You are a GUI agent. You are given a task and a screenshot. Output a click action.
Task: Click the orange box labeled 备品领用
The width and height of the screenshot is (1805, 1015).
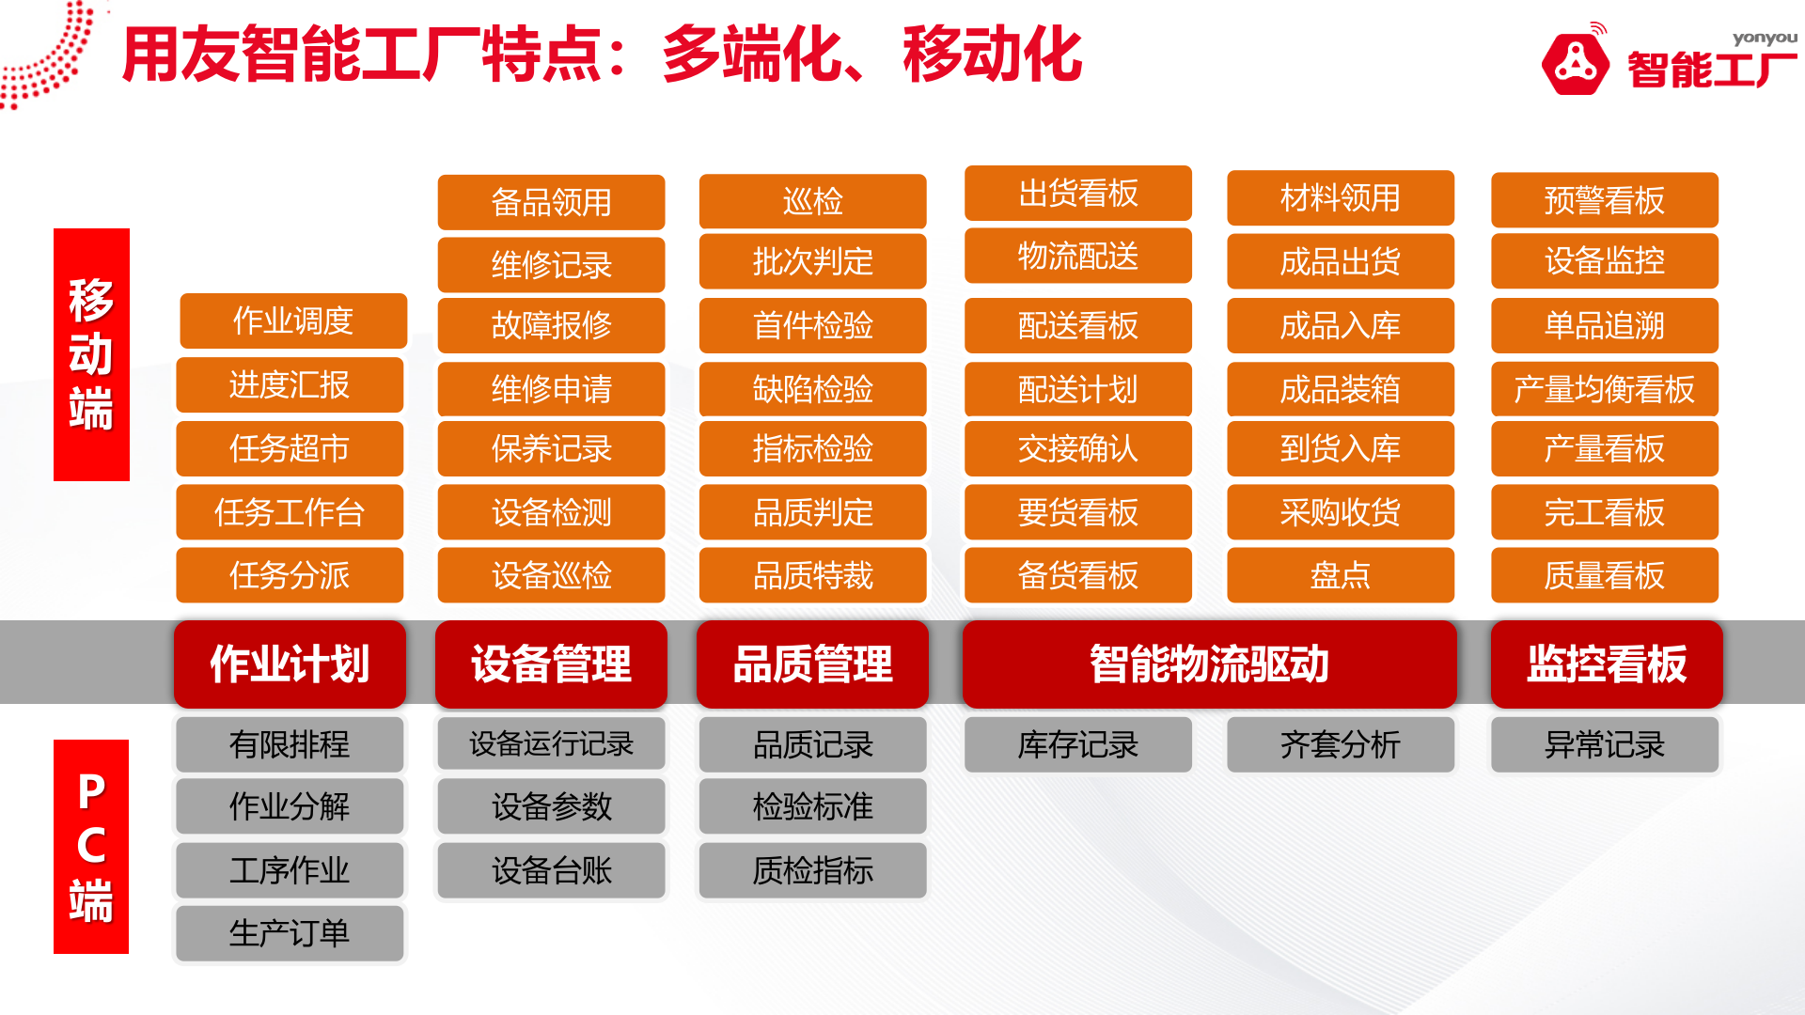click(x=551, y=202)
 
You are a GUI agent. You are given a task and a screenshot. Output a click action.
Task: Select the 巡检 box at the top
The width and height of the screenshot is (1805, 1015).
click(x=812, y=201)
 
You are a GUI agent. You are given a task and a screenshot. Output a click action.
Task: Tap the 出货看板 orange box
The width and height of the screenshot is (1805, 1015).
click(x=1077, y=194)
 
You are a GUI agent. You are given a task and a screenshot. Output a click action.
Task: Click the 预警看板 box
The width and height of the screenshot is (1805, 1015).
click(x=1604, y=200)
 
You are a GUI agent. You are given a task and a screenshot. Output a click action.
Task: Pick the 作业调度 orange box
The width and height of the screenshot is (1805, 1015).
click(x=292, y=320)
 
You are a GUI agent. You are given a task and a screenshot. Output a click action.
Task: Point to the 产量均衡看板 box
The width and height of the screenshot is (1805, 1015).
click(x=1604, y=389)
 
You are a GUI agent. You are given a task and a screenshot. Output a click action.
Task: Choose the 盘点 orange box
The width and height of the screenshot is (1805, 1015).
click(x=1340, y=575)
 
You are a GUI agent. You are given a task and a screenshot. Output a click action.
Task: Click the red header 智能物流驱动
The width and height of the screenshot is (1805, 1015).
click(x=1209, y=664)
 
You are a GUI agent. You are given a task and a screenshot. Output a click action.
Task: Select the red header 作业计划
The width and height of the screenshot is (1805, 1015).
click(x=290, y=664)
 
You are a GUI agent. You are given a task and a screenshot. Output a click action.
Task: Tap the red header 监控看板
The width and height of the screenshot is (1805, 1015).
click(x=1606, y=664)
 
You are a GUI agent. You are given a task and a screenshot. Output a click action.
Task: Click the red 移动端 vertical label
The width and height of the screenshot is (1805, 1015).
click(x=91, y=354)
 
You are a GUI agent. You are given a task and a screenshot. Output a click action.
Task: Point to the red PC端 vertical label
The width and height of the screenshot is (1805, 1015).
click(x=91, y=846)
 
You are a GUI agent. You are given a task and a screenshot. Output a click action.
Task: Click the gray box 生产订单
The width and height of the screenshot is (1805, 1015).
click(x=290, y=933)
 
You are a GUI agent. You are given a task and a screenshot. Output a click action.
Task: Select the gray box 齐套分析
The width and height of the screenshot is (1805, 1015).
click(x=1340, y=745)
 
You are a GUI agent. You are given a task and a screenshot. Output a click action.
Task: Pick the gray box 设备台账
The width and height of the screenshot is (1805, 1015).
click(x=551, y=870)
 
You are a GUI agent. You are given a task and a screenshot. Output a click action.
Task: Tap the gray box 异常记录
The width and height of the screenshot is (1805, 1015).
click(x=1604, y=745)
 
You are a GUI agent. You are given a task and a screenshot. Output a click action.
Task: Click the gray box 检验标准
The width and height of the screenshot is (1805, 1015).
click(x=812, y=806)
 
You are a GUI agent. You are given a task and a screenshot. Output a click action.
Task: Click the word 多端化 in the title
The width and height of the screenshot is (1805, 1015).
click(x=751, y=55)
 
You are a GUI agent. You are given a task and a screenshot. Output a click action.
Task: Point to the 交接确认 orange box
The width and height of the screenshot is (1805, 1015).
click(x=1077, y=448)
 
